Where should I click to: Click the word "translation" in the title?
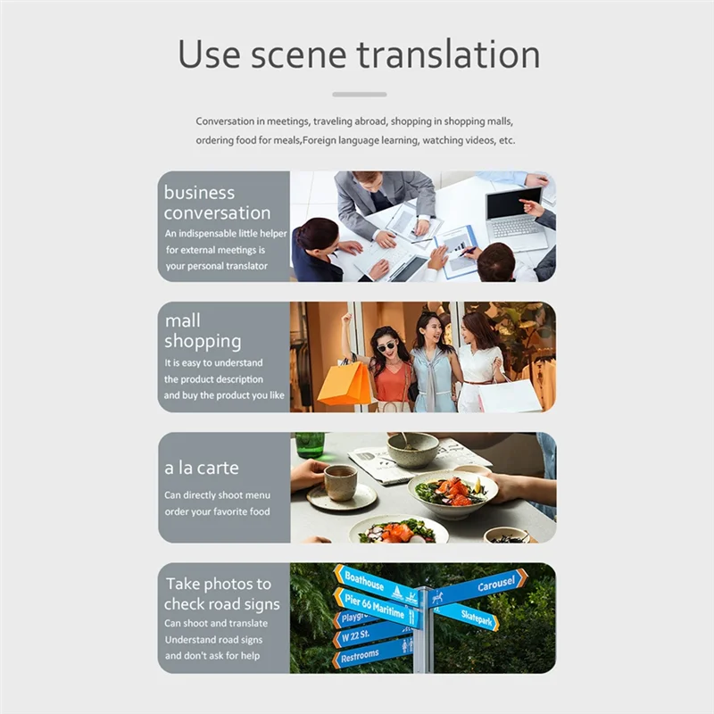[449, 54]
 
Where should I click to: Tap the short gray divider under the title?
[360, 94]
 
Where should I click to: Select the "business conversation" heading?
[217, 203]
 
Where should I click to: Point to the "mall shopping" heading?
[203, 330]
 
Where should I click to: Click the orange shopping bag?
[345, 383]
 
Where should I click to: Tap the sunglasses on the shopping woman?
[386, 346]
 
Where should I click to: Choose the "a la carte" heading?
[201, 468]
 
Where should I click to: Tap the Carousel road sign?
[489, 585]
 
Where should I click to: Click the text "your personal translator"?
[217, 266]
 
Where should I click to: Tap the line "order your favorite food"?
[217, 511]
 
